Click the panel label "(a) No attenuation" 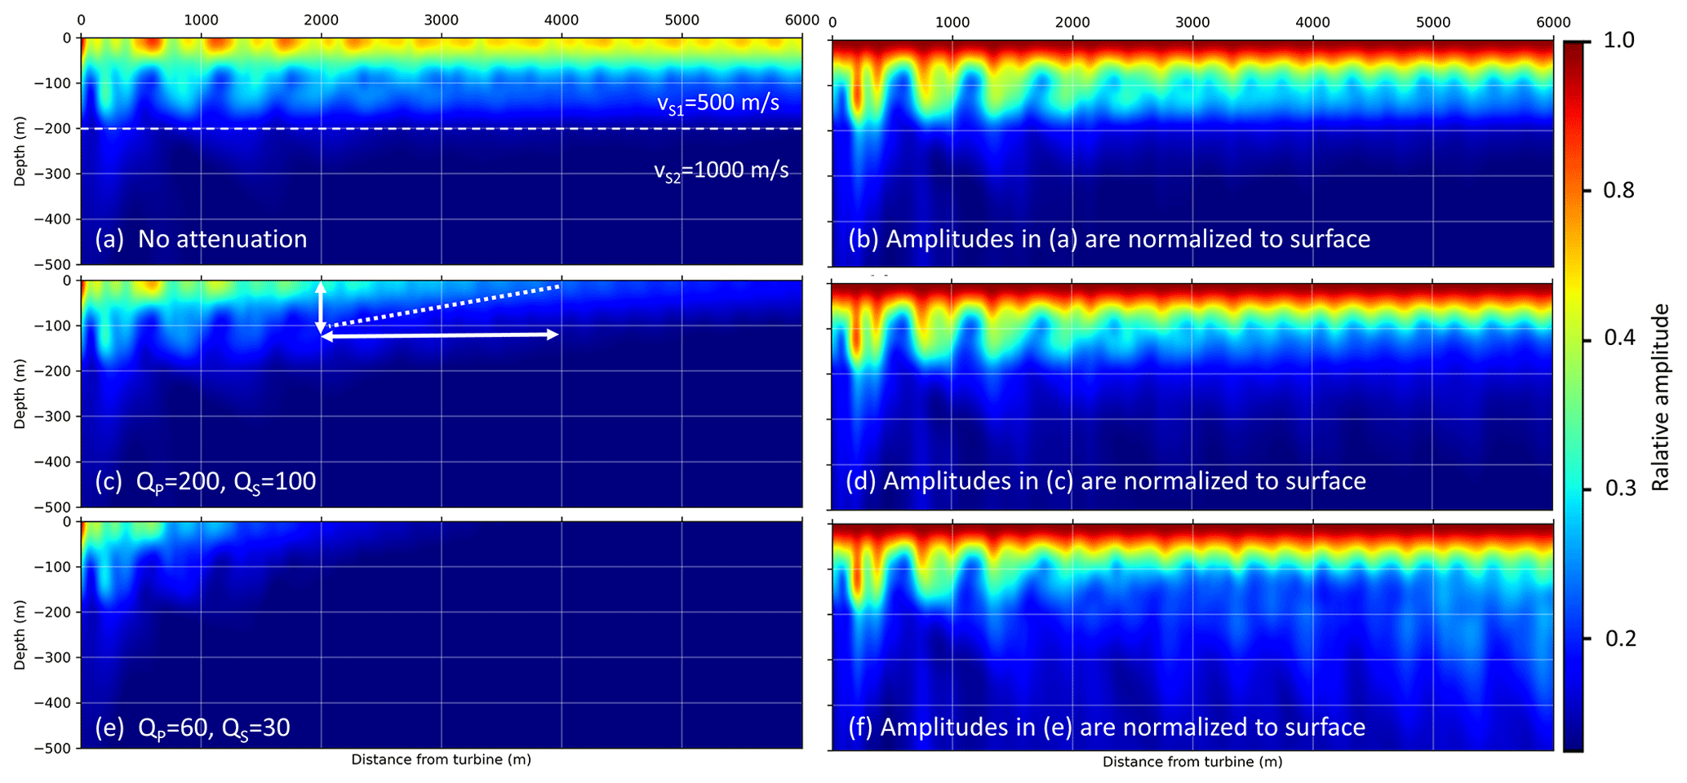click(x=201, y=239)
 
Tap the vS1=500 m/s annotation click(x=718, y=104)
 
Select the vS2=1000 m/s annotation click(x=721, y=170)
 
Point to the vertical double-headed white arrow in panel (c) click(x=321, y=307)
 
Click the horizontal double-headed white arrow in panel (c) click(x=441, y=335)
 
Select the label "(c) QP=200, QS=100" click(x=206, y=482)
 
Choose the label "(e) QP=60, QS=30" click(x=193, y=728)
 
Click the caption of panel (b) click(x=1109, y=239)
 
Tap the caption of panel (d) click(x=1106, y=481)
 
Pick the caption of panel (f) click(x=1106, y=727)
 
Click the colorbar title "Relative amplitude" click(x=1660, y=397)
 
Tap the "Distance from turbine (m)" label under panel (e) click(x=441, y=759)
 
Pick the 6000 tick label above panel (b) click(x=1552, y=23)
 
